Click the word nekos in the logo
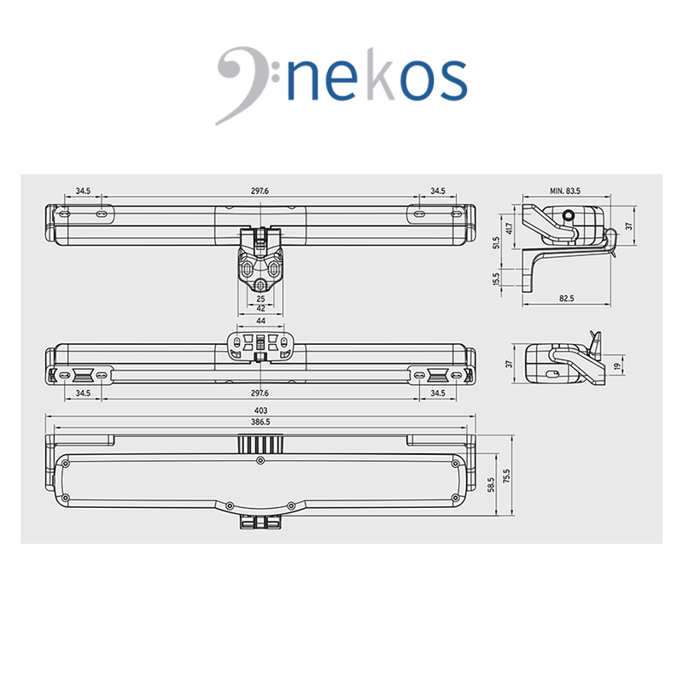coord(377,79)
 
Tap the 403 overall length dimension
coord(260,411)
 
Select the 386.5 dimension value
coord(260,422)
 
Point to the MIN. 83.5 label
coord(565,190)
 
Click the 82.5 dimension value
coord(566,298)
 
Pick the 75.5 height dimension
coord(505,476)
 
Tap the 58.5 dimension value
coord(492,485)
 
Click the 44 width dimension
coord(260,321)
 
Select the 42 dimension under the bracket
coord(260,308)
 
